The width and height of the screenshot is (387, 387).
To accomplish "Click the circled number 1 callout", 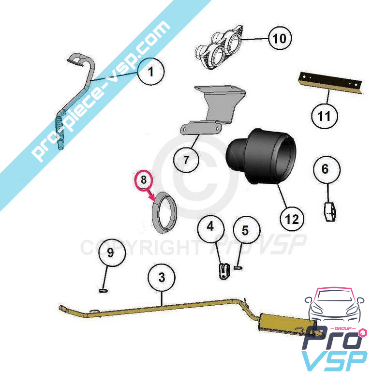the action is (150, 72).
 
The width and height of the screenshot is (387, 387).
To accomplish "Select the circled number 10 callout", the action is (280, 39).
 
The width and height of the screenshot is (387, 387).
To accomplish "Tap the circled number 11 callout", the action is (324, 116).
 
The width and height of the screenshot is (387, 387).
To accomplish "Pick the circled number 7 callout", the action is (186, 160).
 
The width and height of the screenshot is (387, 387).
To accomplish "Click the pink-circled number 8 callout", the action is (144, 179).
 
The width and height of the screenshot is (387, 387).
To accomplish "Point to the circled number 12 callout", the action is (292, 219).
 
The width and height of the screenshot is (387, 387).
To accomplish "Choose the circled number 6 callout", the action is (327, 169).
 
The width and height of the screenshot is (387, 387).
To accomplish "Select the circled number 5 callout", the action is (246, 230).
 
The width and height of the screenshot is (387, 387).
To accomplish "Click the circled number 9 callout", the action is (112, 252).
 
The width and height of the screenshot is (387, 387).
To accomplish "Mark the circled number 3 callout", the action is (162, 277).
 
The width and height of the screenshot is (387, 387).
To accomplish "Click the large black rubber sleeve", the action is (261, 157).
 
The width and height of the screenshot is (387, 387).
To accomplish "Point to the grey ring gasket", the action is (164, 212).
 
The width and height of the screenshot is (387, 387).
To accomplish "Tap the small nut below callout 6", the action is (330, 211).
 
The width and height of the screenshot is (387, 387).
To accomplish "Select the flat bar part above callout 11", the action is (330, 83).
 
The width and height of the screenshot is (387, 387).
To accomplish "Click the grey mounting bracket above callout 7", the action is (213, 110).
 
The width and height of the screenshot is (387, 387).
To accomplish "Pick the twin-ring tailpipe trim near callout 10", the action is (219, 47).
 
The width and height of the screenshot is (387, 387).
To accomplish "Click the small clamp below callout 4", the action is (224, 271).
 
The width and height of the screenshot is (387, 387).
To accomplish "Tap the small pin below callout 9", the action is (103, 291).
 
